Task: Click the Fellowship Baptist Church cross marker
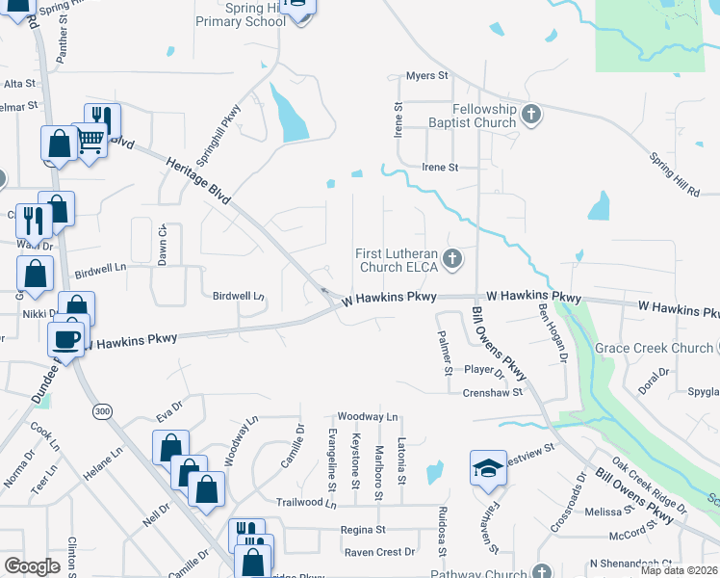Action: point(530,116)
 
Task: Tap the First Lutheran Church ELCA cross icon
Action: point(452,259)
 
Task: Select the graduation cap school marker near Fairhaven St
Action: point(487,468)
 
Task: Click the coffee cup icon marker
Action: point(66,339)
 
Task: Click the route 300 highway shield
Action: point(101,411)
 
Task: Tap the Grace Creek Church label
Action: point(654,348)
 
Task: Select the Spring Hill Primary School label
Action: point(241,14)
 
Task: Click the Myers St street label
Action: point(427,75)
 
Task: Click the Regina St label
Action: point(363,530)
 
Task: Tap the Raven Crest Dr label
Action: point(380,552)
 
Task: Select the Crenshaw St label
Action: point(492,392)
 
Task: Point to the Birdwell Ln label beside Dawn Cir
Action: point(100,270)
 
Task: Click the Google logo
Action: point(33,565)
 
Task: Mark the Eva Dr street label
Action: point(169,412)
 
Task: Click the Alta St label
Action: point(19,84)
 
